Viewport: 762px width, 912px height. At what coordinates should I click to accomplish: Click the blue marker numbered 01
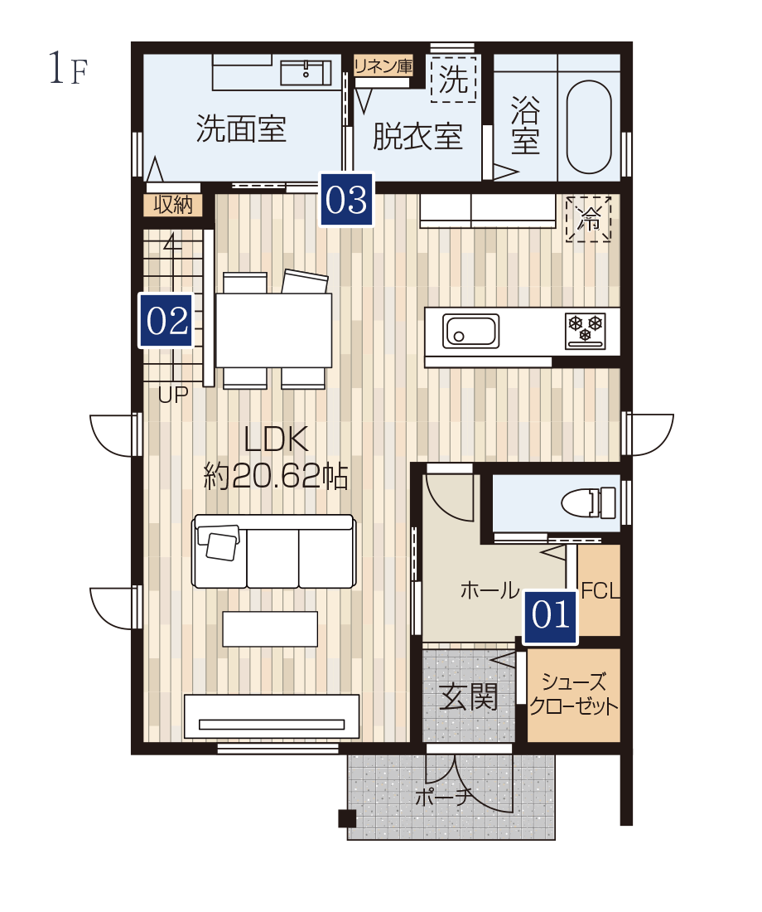[x=550, y=616]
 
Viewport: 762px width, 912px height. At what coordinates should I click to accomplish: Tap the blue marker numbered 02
[x=166, y=321]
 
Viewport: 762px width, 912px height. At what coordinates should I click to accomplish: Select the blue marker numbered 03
[x=346, y=200]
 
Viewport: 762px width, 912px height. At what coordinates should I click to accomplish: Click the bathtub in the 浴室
[x=589, y=126]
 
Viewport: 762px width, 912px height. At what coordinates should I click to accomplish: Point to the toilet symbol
[x=588, y=502]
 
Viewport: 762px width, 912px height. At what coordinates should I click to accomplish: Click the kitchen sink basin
[x=470, y=331]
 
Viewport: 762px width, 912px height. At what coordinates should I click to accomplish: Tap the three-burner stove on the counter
[x=585, y=331]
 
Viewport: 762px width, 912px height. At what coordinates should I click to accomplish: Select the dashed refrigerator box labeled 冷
[x=588, y=219]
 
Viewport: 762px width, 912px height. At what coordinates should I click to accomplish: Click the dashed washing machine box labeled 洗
[x=453, y=79]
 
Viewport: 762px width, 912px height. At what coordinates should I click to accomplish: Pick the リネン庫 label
[x=383, y=66]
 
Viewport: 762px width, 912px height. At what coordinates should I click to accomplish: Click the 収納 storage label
[x=172, y=205]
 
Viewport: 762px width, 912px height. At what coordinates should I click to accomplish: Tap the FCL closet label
[x=600, y=591]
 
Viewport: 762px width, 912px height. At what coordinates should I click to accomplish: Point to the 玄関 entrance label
[x=469, y=696]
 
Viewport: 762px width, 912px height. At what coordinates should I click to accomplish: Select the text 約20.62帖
[x=276, y=477]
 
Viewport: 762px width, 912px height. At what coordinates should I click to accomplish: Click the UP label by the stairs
[x=173, y=395]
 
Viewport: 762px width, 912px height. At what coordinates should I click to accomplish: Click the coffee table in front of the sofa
[x=270, y=628]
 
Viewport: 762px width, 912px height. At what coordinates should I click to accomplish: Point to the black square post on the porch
[x=347, y=818]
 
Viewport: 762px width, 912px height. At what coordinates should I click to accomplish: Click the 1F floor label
[x=68, y=69]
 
